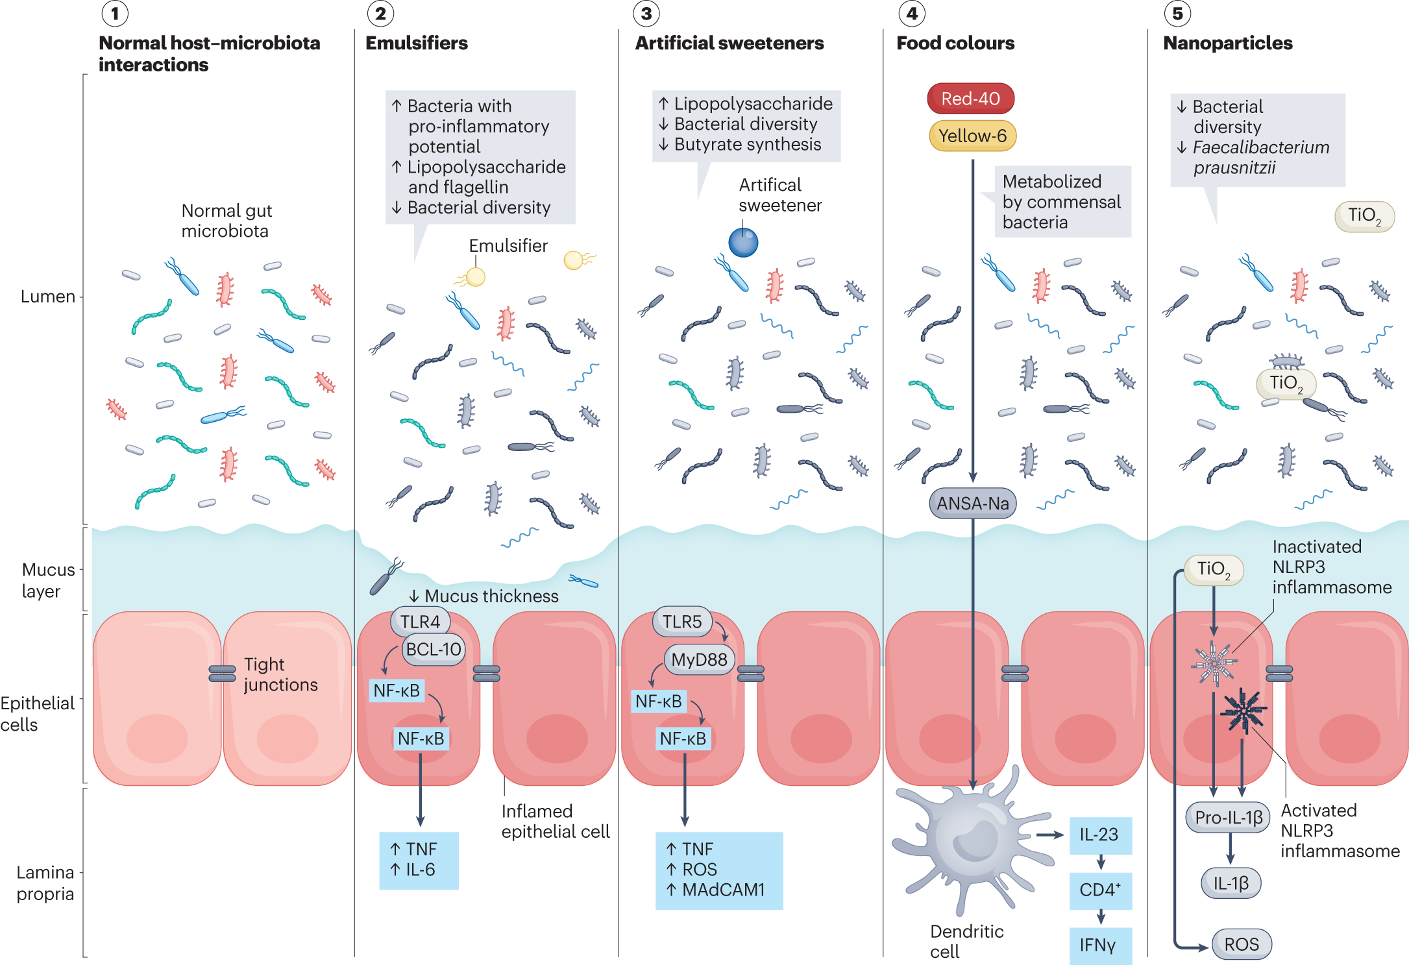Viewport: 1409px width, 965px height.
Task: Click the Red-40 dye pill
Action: [x=970, y=99]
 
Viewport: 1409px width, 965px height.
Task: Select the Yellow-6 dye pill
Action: [x=972, y=136]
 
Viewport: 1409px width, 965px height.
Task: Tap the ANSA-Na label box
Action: [x=972, y=504]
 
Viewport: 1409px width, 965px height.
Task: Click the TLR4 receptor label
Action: [x=420, y=622]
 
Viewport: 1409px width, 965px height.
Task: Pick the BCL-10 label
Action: [x=434, y=650]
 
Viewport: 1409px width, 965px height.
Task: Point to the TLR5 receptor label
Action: [x=681, y=622]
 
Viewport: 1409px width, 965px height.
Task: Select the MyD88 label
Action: [x=699, y=660]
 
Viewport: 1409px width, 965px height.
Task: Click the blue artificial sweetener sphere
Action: [x=743, y=243]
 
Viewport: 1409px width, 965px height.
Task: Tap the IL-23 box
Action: [x=1099, y=835]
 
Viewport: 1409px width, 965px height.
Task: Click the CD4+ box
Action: [x=1099, y=890]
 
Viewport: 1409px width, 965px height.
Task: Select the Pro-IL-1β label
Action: [x=1228, y=818]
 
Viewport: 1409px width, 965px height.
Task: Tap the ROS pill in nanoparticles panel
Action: [x=1241, y=944]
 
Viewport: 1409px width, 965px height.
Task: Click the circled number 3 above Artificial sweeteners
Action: [x=646, y=14]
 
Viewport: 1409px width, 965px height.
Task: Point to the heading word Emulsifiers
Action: [x=416, y=43]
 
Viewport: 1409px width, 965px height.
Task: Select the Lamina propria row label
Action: [x=45, y=883]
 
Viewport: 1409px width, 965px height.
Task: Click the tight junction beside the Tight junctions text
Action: [x=222, y=674]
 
